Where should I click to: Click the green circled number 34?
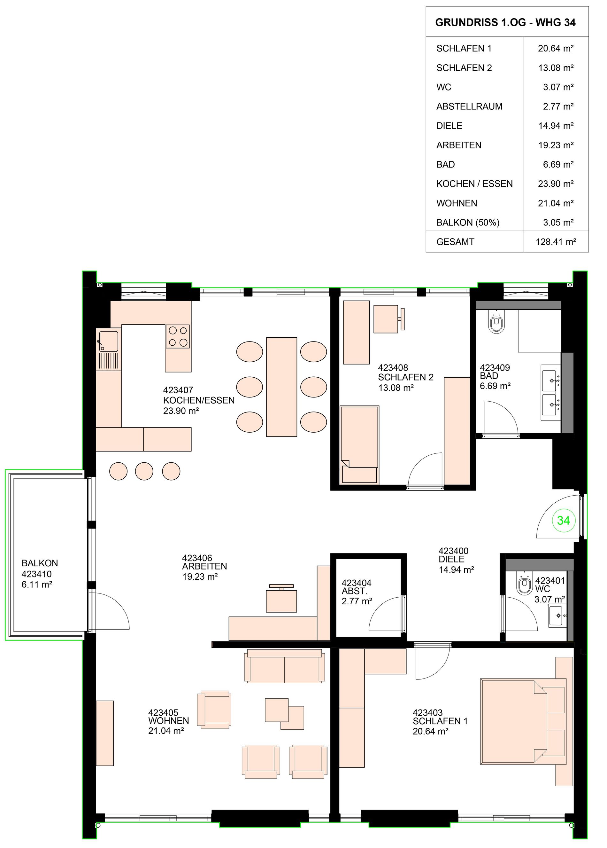pos(563,520)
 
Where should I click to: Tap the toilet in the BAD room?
pos(496,322)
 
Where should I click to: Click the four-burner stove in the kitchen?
pos(178,336)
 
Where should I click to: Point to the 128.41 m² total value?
pos(556,242)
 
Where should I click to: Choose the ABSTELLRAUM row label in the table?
pos(469,106)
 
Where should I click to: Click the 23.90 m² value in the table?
pos(556,184)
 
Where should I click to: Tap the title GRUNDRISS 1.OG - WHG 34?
pos(505,22)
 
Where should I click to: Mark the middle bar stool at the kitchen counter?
pos(144,471)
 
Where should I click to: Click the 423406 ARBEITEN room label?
pos(204,567)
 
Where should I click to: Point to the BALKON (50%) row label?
pos(468,223)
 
